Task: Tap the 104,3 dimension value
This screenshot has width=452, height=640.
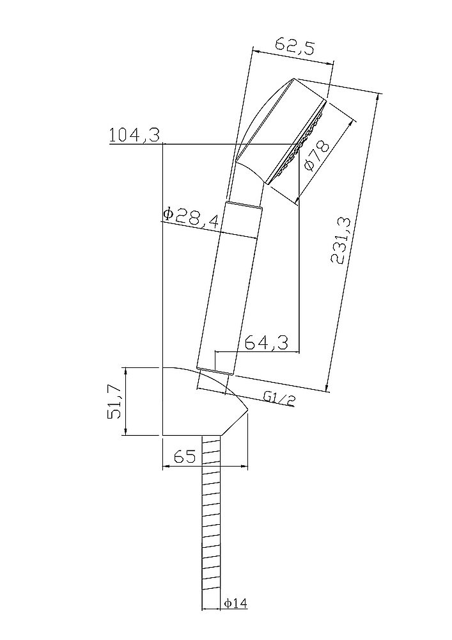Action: point(134,135)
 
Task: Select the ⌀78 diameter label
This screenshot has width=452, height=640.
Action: point(317,156)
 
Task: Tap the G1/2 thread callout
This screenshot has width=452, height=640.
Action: point(279,399)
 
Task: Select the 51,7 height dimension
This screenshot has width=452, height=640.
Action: point(115,402)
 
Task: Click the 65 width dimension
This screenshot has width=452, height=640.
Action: point(184,456)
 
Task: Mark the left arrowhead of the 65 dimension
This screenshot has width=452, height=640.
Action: point(166,466)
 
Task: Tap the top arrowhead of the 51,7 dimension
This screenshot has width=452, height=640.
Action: point(127,371)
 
